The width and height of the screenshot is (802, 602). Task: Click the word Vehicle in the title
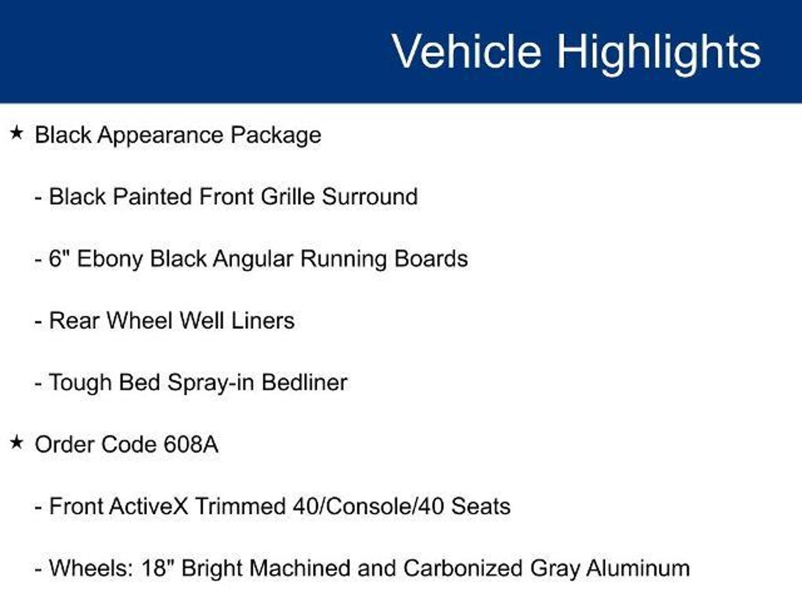point(467,51)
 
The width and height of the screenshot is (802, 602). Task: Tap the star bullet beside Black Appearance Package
point(16,133)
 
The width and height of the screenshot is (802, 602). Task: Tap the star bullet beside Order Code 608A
point(16,442)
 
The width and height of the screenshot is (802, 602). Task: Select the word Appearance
point(161,136)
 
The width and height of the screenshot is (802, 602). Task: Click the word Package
point(276,136)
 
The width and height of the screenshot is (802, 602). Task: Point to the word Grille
point(288,196)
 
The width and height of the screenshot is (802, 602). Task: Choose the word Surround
point(370,196)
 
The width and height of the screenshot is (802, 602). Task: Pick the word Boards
point(431,259)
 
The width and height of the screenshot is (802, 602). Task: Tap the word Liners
point(263,321)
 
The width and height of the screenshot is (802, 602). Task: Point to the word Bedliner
point(304,383)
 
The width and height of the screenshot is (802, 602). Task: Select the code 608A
point(191,444)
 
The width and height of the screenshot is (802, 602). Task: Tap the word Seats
point(481,506)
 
